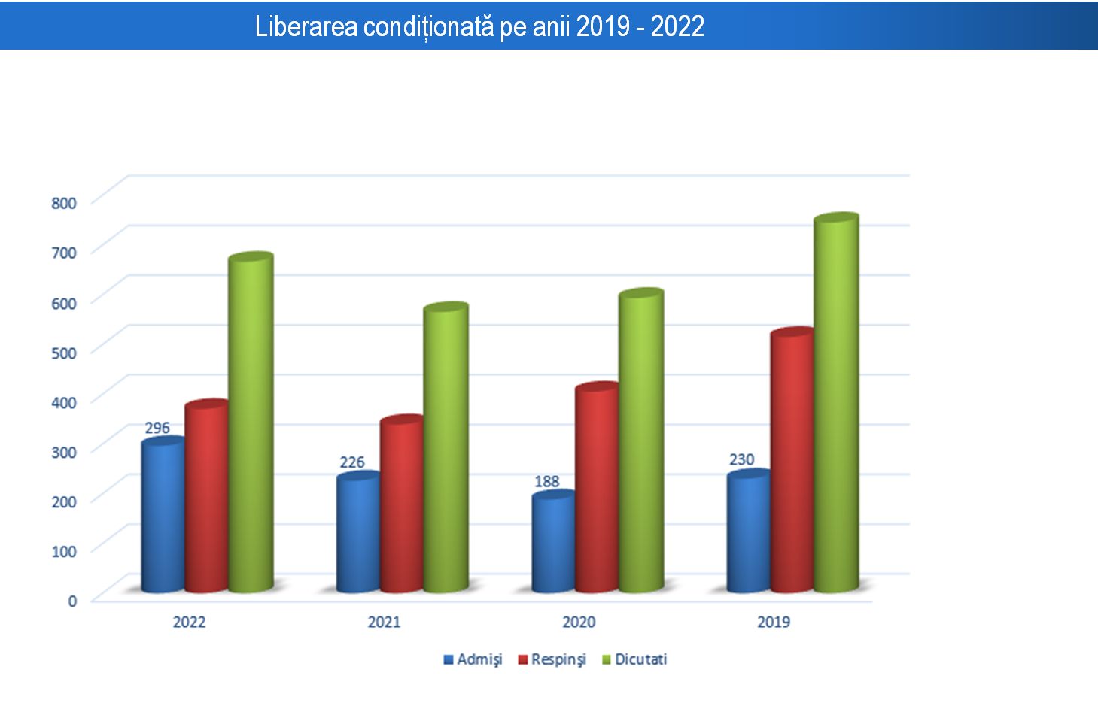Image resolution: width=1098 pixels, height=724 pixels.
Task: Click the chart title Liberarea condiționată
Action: point(479,26)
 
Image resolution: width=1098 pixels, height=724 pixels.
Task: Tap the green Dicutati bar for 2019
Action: point(836,406)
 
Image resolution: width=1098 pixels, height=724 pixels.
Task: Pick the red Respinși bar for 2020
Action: point(597,489)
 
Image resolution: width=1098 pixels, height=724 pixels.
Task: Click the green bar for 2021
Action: point(446,451)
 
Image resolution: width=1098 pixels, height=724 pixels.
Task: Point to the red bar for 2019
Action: point(792,462)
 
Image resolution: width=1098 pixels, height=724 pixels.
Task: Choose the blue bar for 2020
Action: point(553,543)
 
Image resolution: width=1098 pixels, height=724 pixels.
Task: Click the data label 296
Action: point(157,428)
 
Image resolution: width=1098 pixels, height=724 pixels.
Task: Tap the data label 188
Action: point(547,481)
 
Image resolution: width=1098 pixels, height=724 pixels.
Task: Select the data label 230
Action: point(741,459)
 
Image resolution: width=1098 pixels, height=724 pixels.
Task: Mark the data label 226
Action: point(352,462)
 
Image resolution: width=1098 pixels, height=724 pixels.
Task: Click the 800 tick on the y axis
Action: point(64,203)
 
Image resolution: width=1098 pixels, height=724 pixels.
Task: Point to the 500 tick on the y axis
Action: point(64,353)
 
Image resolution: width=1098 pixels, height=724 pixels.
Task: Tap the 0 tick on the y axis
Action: point(72,601)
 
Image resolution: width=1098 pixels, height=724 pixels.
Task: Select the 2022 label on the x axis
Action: point(189,622)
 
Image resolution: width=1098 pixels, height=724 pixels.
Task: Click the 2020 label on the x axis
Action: point(579,622)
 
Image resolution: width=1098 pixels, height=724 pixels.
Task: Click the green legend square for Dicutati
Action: point(607,660)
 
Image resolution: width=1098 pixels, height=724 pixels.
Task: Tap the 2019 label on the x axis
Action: point(774,622)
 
